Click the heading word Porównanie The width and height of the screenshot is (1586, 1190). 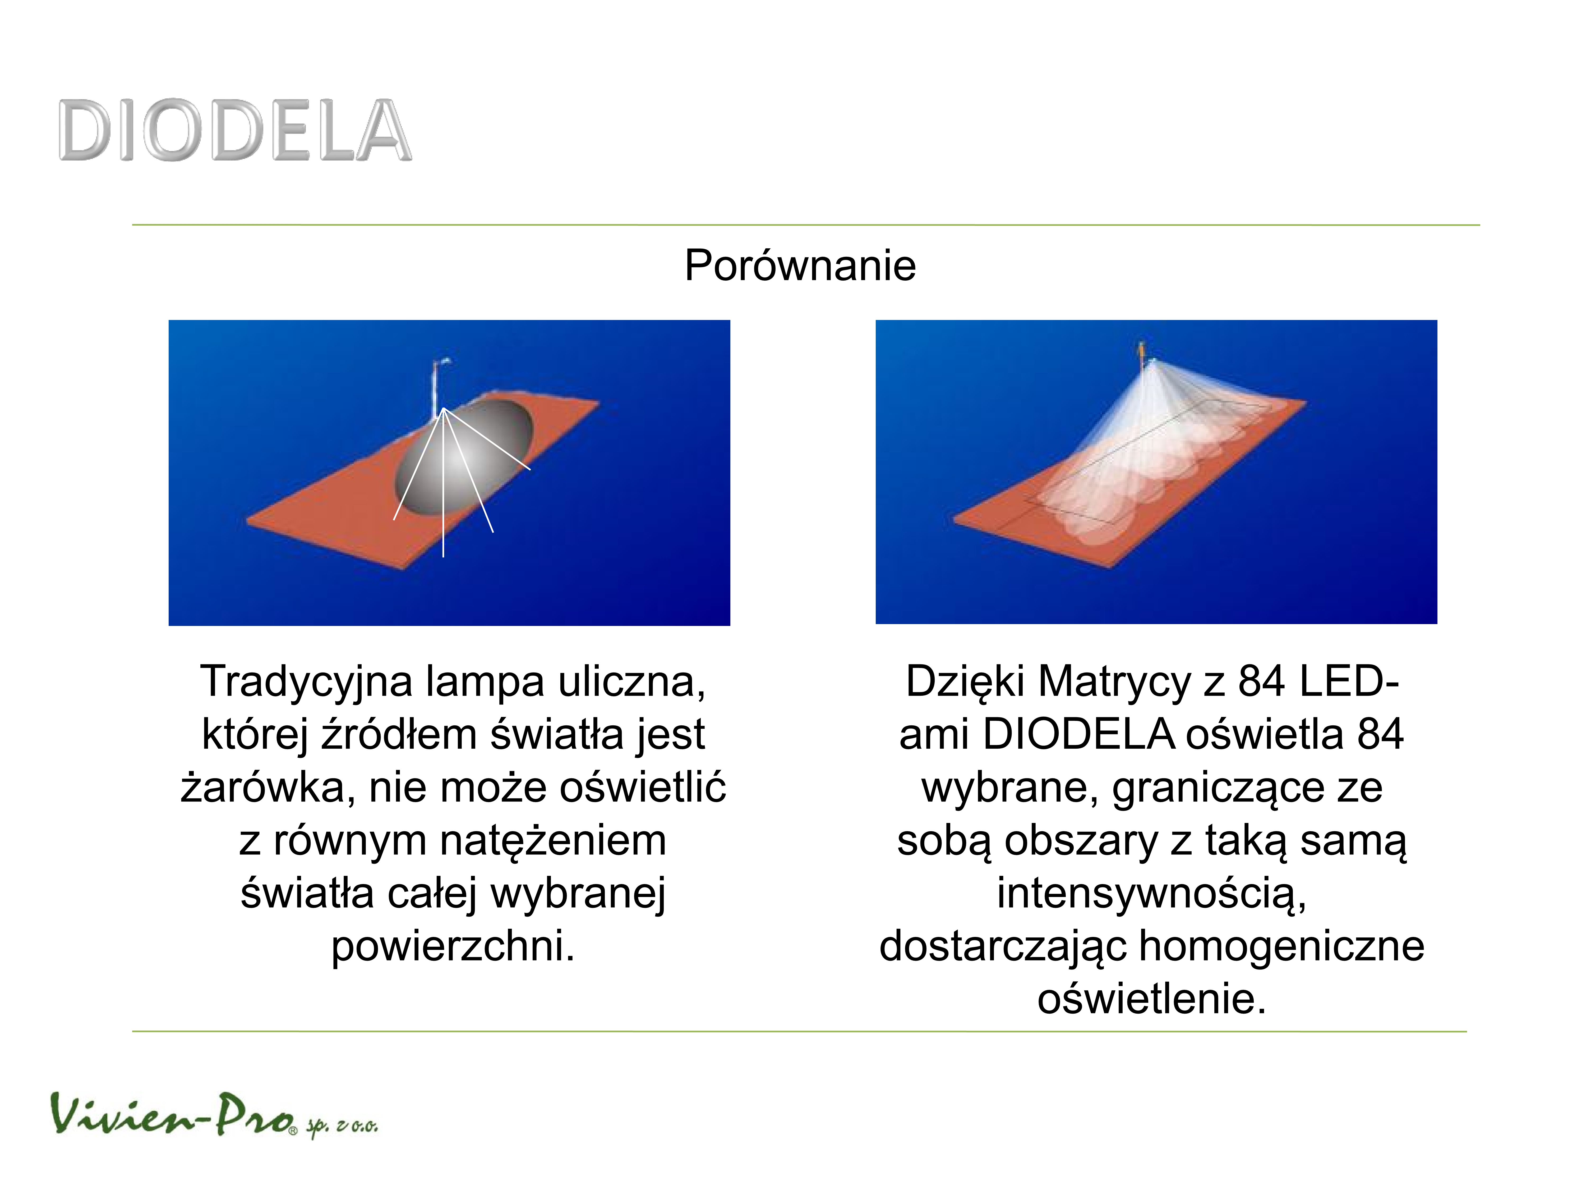[x=800, y=266]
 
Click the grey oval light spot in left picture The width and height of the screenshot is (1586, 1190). [x=465, y=458]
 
